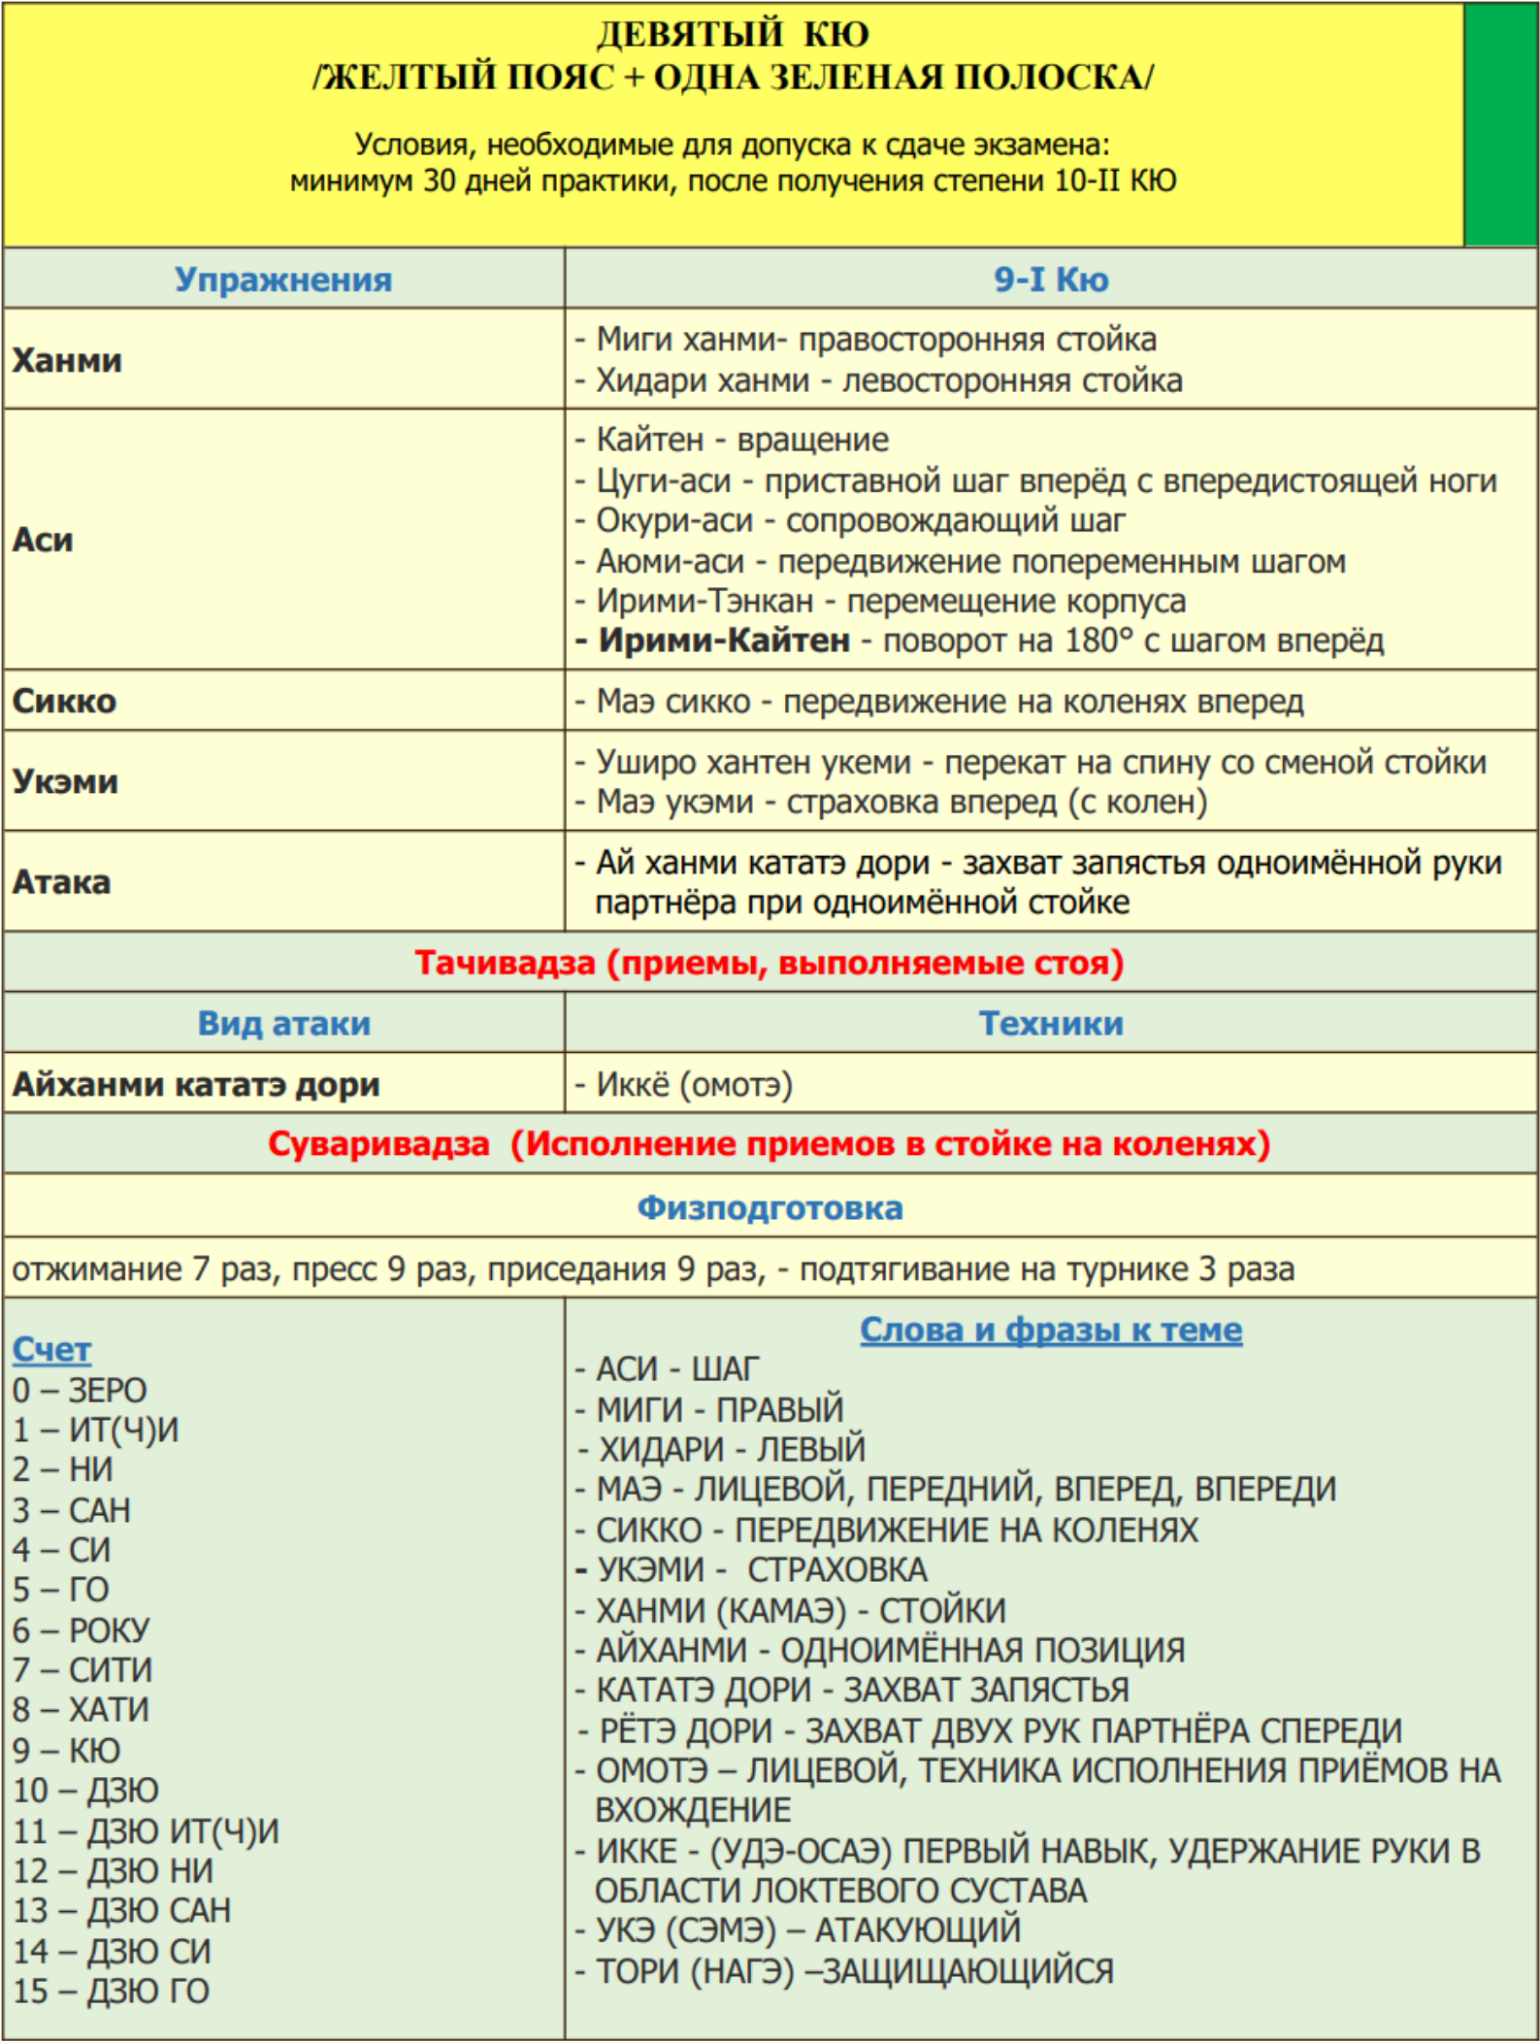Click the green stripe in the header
tap(1500, 124)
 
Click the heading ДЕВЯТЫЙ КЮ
tap(733, 35)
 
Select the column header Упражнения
tap(283, 280)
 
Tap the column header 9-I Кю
tap(1051, 280)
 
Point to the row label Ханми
tap(67, 360)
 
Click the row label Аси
tap(43, 540)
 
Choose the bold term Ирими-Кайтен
tap(724, 641)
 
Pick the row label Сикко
tap(64, 701)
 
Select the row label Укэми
tap(65, 781)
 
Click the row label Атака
tap(61, 882)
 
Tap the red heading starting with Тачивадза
tap(770, 963)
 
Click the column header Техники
tap(1051, 1023)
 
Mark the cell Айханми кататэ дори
tap(196, 1084)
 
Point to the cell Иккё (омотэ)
tap(694, 1084)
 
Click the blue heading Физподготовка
tap(770, 1207)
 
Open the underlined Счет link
tap(51, 1350)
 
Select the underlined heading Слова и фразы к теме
tap(1051, 1330)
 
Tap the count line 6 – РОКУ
tap(82, 1630)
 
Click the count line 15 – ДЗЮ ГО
tap(111, 1991)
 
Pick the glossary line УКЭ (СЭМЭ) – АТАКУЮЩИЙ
tap(808, 1929)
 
